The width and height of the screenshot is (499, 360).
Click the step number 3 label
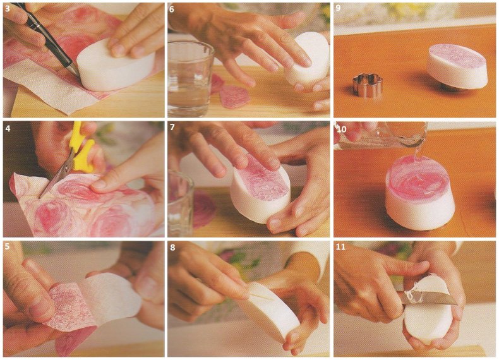(8, 9)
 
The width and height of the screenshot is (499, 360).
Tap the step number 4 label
(8, 129)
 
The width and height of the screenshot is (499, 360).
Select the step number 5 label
(8, 246)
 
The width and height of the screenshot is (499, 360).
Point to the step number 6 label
(172, 9)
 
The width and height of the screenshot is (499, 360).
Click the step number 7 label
(172, 128)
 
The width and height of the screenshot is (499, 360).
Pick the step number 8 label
(172, 248)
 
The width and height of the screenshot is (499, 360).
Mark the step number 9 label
(339, 8)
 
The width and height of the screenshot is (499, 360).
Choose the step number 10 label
(341, 129)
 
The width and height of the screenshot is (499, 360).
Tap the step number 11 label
(340, 247)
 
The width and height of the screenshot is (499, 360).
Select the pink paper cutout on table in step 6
(234, 97)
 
